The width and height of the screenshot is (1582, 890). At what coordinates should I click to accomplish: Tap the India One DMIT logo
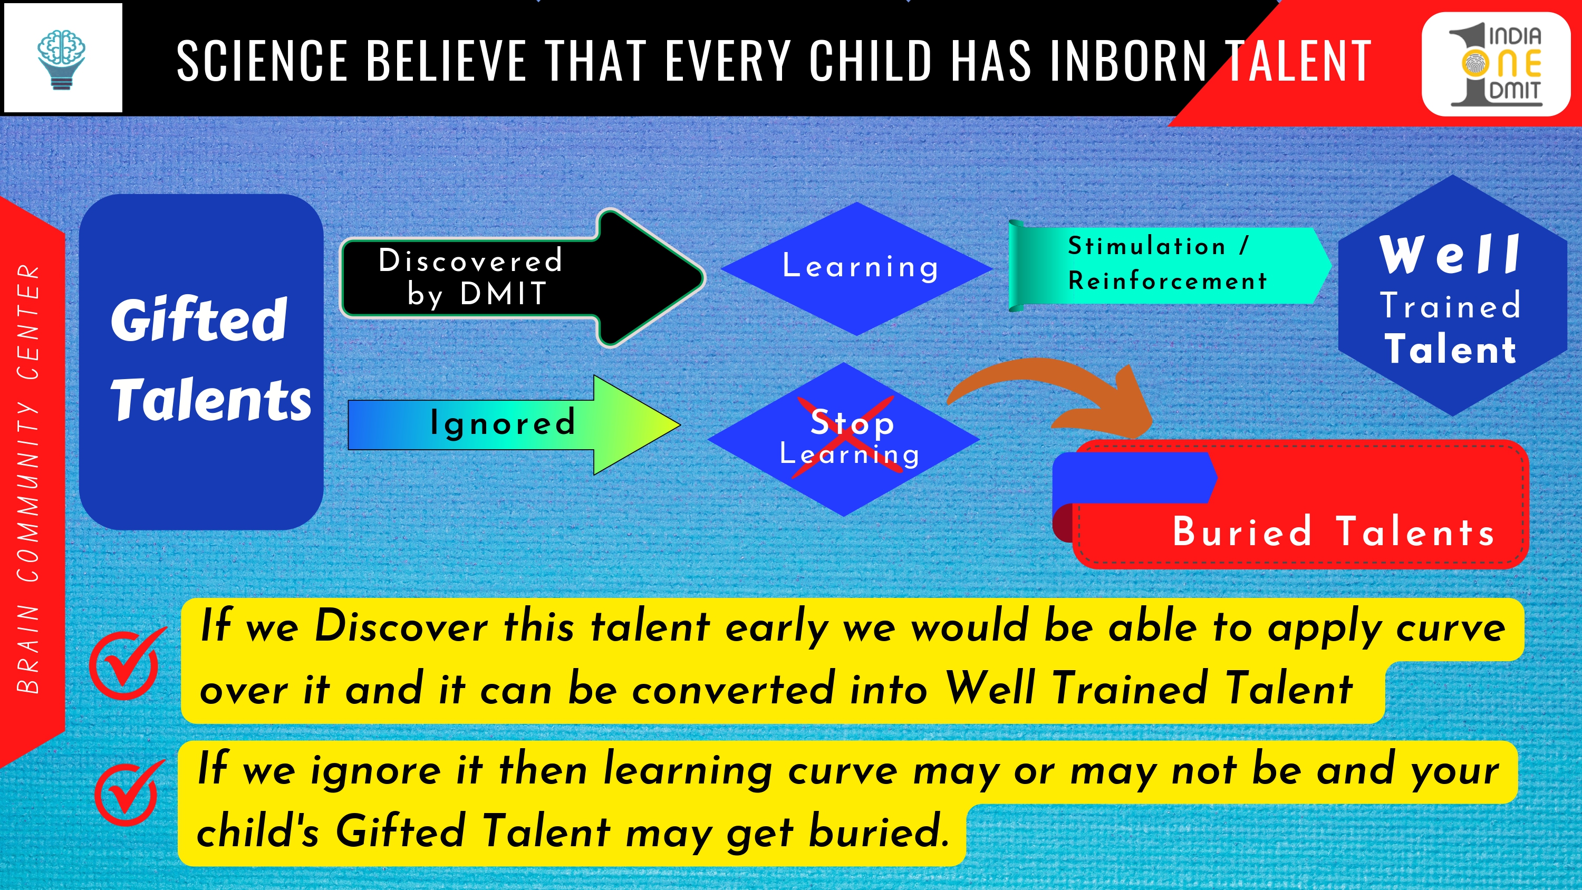(1496, 64)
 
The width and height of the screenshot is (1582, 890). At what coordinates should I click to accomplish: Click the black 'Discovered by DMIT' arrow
(523, 278)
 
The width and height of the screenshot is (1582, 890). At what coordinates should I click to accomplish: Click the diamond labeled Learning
(857, 268)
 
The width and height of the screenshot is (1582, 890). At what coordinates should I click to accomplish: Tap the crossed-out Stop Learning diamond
(844, 439)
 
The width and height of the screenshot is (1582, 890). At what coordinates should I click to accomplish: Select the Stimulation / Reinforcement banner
(1169, 265)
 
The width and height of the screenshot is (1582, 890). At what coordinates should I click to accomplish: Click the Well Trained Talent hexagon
(1452, 295)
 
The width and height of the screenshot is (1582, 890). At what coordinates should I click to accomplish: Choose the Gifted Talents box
(201, 362)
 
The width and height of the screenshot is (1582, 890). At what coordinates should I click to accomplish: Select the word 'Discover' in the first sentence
(401, 626)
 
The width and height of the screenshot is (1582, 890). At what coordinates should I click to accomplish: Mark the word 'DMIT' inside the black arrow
(503, 294)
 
